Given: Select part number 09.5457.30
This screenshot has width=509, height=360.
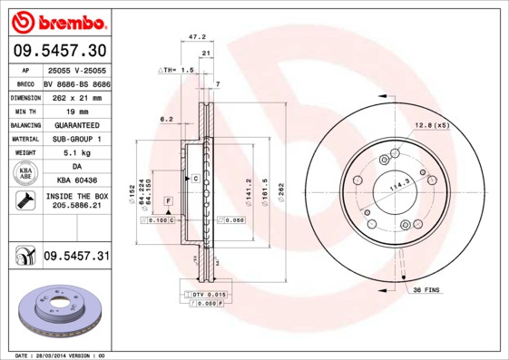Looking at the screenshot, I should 57,50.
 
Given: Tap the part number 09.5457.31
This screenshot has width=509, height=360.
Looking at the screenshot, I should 76,257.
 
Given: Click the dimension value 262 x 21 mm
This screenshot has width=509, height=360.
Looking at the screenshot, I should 76,96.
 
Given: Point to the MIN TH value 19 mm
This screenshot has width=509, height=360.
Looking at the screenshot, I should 76,110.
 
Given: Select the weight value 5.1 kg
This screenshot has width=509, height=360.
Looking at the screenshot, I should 76,153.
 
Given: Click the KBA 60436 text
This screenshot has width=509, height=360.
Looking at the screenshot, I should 76,181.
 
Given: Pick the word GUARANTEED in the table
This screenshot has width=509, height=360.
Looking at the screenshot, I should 76,124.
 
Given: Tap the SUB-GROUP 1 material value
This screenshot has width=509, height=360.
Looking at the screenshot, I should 76,139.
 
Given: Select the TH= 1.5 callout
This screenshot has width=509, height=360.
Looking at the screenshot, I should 178,70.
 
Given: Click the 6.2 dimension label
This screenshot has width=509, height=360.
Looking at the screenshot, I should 166,119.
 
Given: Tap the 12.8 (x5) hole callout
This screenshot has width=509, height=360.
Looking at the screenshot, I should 432,124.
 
